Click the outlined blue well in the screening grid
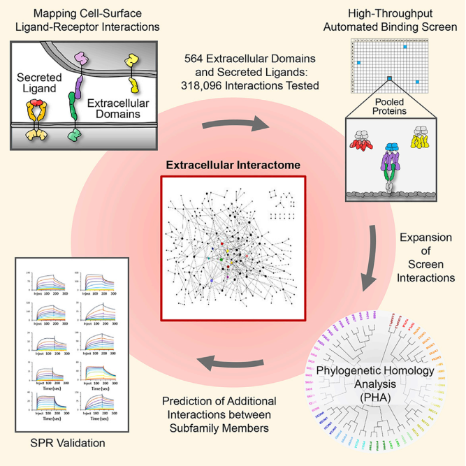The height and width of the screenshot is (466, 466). [389, 78]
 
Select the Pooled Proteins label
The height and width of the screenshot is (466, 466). [390, 106]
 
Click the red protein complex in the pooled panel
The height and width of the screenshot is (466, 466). [362, 145]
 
